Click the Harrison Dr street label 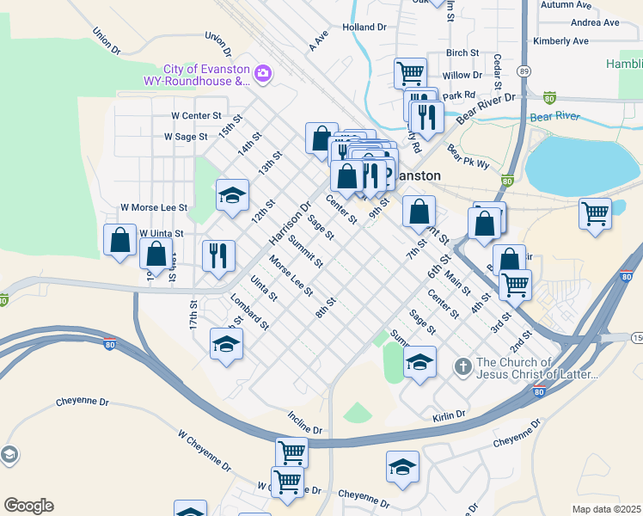pyautogui.click(x=289, y=223)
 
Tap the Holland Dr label pyautogui.click(x=364, y=28)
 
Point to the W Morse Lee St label pyautogui.click(x=154, y=207)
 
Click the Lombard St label pyautogui.click(x=250, y=312)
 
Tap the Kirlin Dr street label pyautogui.click(x=449, y=415)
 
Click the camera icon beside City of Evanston pyautogui.click(x=262, y=75)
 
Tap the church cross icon pyautogui.click(x=462, y=367)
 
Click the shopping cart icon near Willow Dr pyautogui.click(x=410, y=72)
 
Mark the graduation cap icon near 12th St pyautogui.click(x=232, y=196)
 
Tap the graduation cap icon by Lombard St pyautogui.click(x=227, y=344)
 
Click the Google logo pyautogui.click(x=28, y=506)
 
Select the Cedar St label pyautogui.click(x=498, y=69)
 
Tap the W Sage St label pyautogui.click(x=186, y=136)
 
